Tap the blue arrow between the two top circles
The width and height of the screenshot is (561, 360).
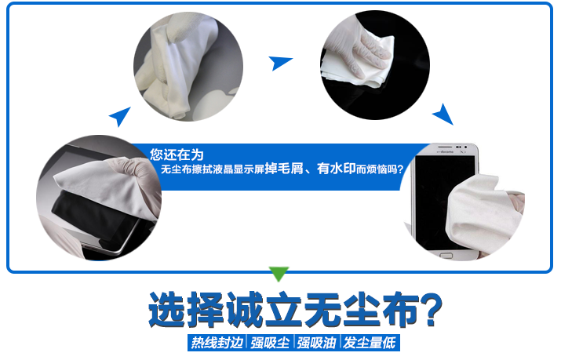279,62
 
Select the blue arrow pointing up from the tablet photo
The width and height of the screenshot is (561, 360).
121,116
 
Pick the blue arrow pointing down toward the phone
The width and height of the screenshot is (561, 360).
443,115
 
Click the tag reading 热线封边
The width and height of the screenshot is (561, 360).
217,343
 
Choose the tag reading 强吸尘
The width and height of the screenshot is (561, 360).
270,343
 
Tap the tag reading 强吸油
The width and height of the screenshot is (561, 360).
316,343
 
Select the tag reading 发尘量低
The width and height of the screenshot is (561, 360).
370,343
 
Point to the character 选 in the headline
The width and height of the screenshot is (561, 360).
168,310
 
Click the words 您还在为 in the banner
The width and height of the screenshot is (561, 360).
177,155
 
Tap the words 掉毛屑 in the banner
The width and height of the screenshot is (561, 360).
284,169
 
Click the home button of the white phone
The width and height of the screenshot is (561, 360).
446,256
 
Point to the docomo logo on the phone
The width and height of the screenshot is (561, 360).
446,152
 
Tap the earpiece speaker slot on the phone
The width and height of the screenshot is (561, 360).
445,147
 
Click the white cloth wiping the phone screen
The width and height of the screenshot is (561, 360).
480,211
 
